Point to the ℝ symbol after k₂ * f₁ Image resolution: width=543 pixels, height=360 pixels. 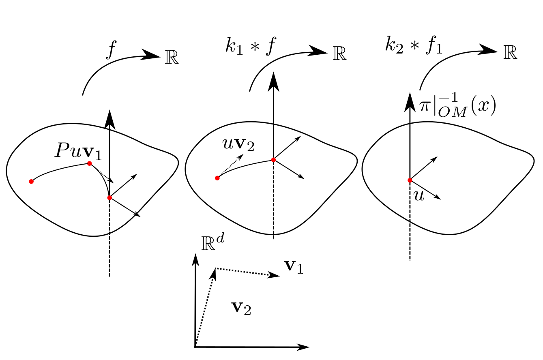510,53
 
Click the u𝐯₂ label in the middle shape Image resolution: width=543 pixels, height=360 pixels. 238,145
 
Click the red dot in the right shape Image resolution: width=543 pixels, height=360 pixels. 410,180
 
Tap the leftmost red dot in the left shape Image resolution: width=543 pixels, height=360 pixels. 31,181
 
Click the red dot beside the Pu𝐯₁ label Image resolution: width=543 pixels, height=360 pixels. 89,163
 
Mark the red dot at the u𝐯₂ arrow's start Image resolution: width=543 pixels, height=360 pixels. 217,178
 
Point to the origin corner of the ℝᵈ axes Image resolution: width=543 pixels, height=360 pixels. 196,346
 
